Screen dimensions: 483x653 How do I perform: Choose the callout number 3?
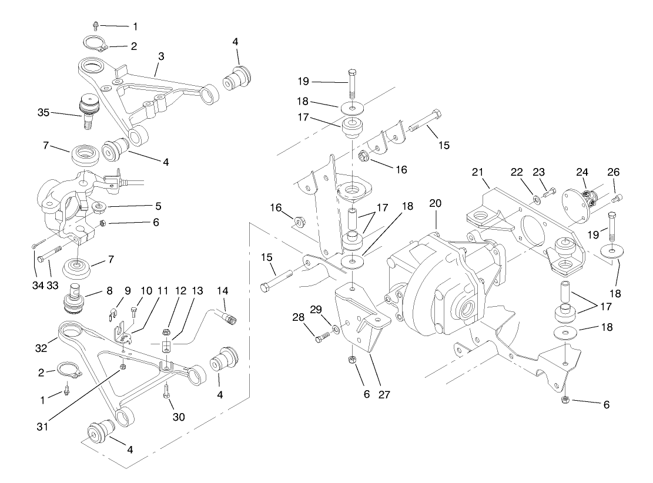coord(160,56)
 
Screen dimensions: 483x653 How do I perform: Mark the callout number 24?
coord(582,173)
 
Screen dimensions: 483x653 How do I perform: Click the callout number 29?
coord(316,309)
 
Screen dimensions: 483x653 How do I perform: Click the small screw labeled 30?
coord(168,390)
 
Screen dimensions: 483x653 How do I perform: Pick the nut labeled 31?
coord(123,367)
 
